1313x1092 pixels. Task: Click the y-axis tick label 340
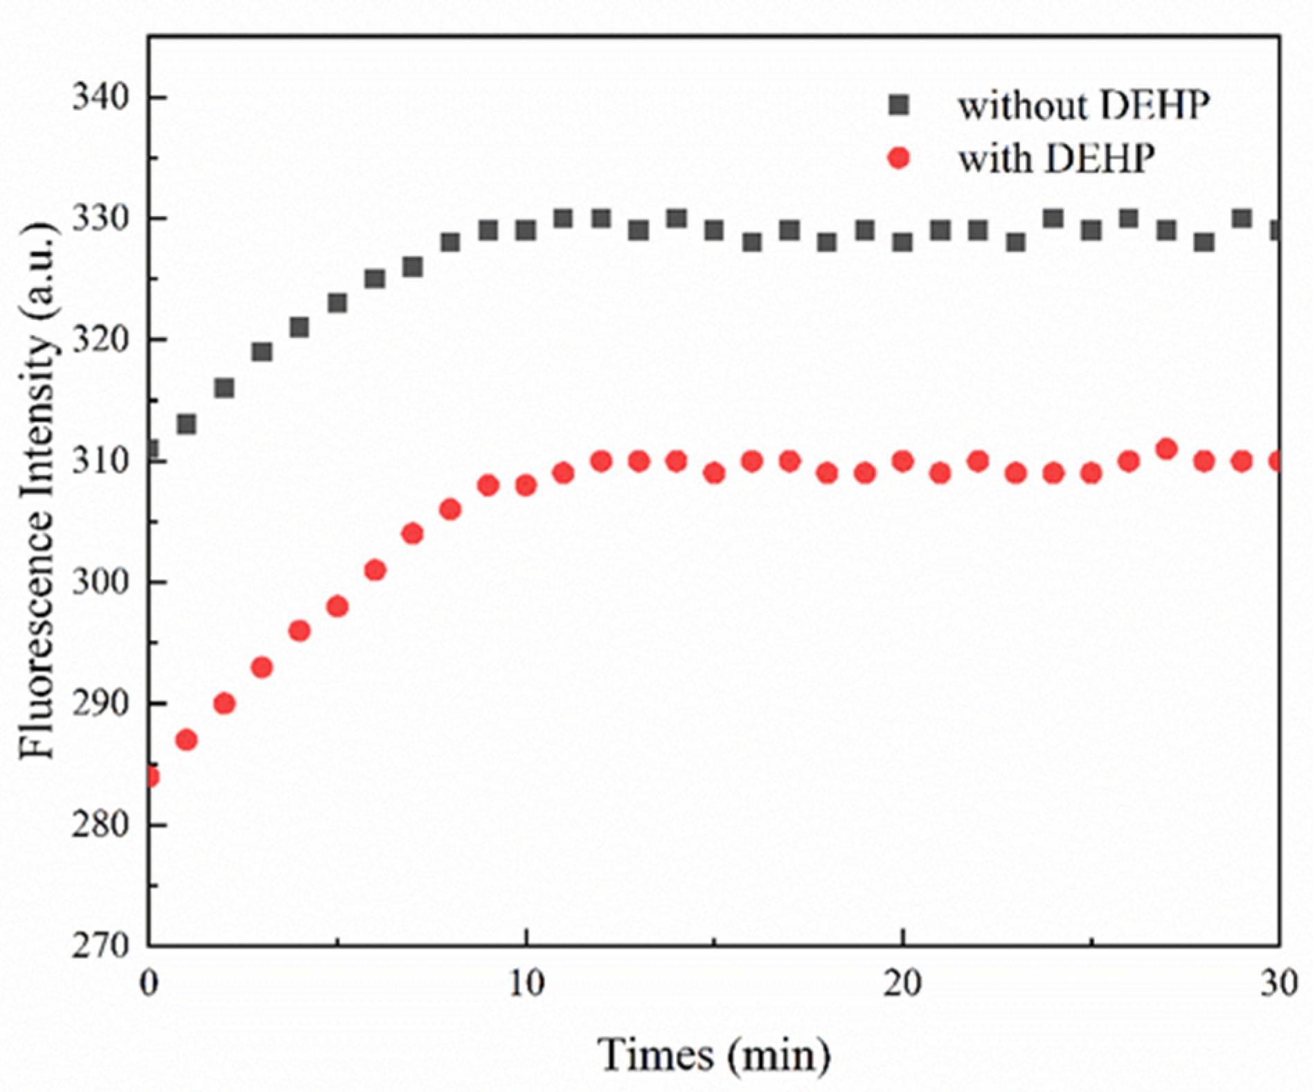click(x=101, y=98)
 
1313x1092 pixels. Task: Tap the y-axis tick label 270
click(x=101, y=945)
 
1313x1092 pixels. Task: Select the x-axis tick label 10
click(x=526, y=983)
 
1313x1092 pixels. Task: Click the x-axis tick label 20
click(x=902, y=983)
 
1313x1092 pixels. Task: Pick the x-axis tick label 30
click(x=1278, y=983)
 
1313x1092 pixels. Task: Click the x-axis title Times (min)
click(x=714, y=1054)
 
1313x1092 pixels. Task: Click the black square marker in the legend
click(x=899, y=105)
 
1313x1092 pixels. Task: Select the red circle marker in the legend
click(x=899, y=159)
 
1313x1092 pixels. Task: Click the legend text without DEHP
click(x=1084, y=105)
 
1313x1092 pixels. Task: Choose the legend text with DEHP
click(x=1056, y=159)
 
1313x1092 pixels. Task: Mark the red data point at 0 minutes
click(x=150, y=776)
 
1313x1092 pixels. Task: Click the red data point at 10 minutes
click(x=526, y=485)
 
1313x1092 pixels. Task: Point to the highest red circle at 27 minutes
click(x=1166, y=449)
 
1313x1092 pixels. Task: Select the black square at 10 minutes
click(x=526, y=230)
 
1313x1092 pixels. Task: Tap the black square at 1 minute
click(x=186, y=424)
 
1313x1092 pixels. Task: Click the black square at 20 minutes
click(x=902, y=242)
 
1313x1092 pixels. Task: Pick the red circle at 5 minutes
click(x=337, y=607)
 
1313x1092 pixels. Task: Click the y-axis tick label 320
click(x=101, y=340)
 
